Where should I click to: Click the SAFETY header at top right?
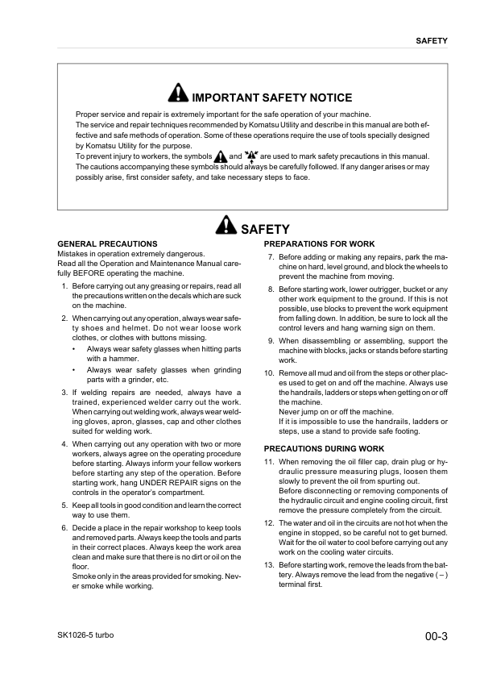click(432, 40)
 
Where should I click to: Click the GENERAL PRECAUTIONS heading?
click(108, 243)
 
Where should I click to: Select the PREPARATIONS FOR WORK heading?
click(319, 243)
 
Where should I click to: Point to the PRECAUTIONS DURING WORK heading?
click(324, 448)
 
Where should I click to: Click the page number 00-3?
click(435, 637)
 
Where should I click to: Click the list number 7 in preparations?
click(271, 257)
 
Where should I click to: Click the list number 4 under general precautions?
click(64, 444)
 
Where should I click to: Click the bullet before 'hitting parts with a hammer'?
click(73, 349)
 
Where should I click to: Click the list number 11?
click(269, 462)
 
